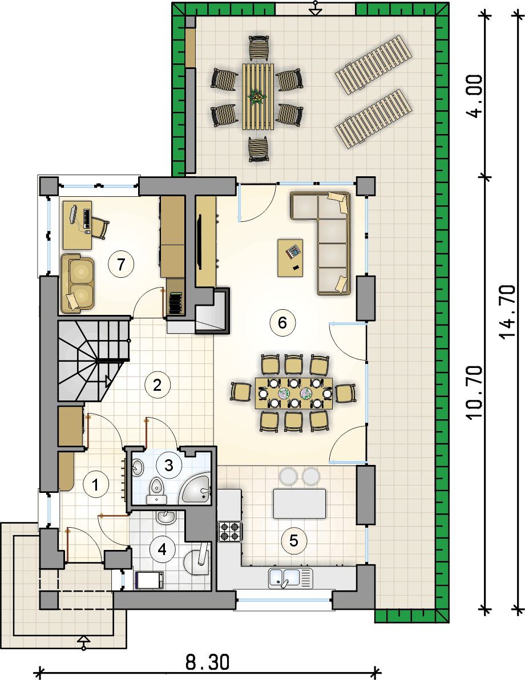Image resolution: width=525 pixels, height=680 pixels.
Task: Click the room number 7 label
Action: [x=121, y=264]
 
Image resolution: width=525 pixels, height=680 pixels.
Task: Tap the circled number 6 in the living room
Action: [x=282, y=323]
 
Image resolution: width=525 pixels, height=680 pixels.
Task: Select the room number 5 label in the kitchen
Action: [x=294, y=541]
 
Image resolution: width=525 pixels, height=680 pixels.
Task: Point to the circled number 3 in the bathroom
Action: [x=169, y=466]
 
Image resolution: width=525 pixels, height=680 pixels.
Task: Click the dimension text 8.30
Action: [x=207, y=663]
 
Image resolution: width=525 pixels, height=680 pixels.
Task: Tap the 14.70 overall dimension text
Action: [x=507, y=311]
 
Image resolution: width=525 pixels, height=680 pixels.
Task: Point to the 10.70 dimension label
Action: [x=475, y=392]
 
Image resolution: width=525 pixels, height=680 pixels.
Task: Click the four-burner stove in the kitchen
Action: [x=229, y=531]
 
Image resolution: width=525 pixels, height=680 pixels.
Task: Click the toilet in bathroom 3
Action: [x=156, y=492]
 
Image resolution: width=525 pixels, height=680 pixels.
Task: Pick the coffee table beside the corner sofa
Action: [x=290, y=258]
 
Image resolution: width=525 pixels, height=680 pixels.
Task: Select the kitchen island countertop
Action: [x=299, y=504]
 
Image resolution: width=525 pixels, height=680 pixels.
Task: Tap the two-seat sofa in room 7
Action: [x=78, y=283]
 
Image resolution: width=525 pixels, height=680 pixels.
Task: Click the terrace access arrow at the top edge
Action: [x=316, y=8]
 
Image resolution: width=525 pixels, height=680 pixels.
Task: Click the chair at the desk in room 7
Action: [x=99, y=228]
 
